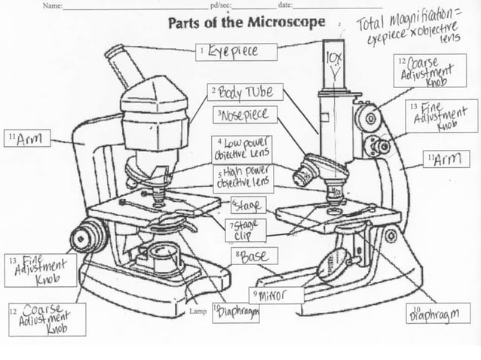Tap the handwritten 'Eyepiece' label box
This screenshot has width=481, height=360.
237,51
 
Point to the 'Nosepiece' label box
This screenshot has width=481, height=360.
244,115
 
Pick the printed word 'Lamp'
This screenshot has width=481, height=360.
198,311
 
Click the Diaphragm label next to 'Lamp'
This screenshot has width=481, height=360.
234,313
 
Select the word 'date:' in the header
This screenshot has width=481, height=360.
285,5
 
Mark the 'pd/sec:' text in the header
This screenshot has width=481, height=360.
221,5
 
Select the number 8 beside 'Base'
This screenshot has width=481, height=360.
237,256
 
